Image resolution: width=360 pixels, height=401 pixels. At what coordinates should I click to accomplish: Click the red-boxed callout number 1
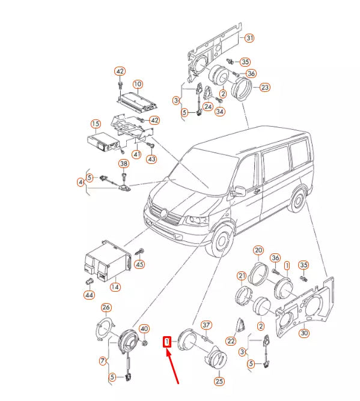167,342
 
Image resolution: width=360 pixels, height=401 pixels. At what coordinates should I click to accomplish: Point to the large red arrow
172,366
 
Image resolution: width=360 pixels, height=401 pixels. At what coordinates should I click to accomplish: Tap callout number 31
249,38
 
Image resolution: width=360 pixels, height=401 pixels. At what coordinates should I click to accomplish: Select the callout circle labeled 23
265,88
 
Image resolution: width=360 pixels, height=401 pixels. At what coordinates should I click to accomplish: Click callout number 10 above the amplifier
138,84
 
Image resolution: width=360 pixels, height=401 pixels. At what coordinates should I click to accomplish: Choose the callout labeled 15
96,124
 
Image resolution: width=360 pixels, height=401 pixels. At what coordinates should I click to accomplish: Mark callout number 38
124,164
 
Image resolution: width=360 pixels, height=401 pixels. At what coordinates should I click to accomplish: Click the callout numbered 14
115,287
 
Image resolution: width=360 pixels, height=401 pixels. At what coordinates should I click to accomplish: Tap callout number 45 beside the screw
139,264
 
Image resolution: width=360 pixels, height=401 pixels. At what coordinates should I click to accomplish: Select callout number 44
89,295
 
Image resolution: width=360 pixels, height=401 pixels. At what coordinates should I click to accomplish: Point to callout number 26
106,307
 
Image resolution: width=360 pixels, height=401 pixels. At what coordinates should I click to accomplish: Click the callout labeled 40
144,328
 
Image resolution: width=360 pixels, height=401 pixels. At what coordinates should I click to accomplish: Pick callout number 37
206,325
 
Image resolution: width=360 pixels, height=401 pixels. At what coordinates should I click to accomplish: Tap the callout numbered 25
219,381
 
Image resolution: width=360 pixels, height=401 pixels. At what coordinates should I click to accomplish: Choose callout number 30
304,333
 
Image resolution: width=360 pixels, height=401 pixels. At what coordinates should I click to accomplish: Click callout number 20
258,250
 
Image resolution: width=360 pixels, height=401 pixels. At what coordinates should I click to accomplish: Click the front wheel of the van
221,241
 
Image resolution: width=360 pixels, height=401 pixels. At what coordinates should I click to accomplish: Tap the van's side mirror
238,191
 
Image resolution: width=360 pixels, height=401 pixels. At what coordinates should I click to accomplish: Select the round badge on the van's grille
164,213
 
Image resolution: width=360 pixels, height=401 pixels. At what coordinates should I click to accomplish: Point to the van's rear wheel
297,200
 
